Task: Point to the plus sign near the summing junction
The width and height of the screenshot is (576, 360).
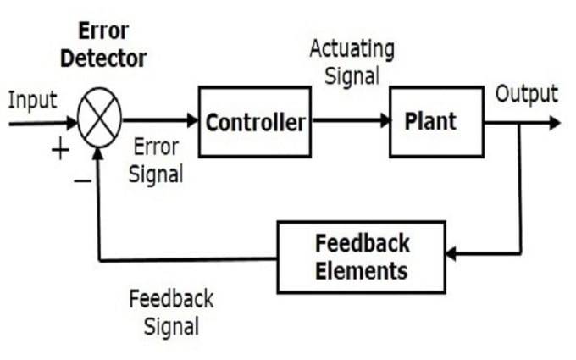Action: [60, 150]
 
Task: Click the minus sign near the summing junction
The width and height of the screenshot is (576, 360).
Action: [83, 180]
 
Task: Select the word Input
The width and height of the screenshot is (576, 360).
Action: [33, 100]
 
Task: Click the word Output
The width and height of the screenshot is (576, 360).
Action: [527, 94]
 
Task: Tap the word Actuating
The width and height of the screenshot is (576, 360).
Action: [352, 50]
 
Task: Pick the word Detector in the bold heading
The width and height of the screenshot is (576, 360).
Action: [103, 58]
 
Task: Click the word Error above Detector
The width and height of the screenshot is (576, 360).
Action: [103, 30]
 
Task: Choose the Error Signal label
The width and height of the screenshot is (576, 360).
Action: [156, 161]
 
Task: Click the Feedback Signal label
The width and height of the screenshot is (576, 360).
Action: [172, 313]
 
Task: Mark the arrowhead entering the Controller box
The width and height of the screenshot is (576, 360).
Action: [192, 120]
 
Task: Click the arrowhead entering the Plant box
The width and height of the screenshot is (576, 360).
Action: [385, 120]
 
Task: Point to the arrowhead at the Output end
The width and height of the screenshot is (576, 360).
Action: [555, 123]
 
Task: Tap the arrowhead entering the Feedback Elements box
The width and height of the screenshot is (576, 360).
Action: [451, 253]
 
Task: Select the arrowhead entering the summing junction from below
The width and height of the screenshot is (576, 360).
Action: [97, 153]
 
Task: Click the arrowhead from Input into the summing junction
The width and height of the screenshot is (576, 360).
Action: [72, 123]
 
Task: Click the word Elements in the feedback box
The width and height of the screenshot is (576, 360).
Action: [362, 271]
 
